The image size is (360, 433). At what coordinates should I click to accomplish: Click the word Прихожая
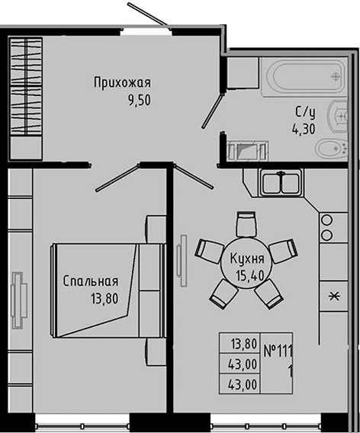point(123,82)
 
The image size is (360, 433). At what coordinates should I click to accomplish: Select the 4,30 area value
point(305,129)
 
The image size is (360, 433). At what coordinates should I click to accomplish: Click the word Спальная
point(90,281)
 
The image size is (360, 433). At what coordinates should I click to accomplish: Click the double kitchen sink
point(282,182)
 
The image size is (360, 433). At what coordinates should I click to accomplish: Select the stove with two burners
point(326,226)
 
